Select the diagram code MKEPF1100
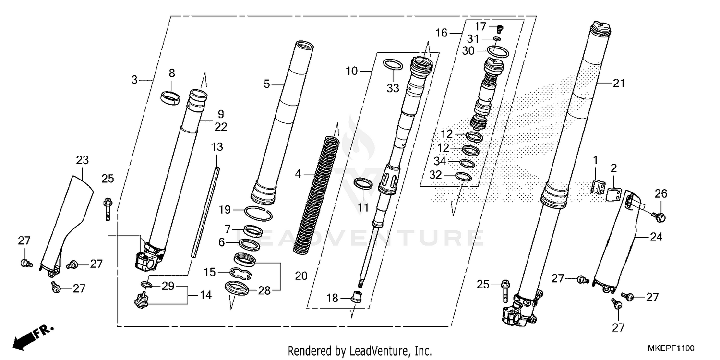click(671, 348)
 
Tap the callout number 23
click(83, 160)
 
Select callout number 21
click(619, 83)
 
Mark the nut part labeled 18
click(357, 297)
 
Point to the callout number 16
click(442, 33)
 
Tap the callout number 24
click(656, 237)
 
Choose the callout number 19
click(225, 210)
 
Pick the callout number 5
click(267, 84)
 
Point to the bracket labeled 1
click(597, 186)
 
